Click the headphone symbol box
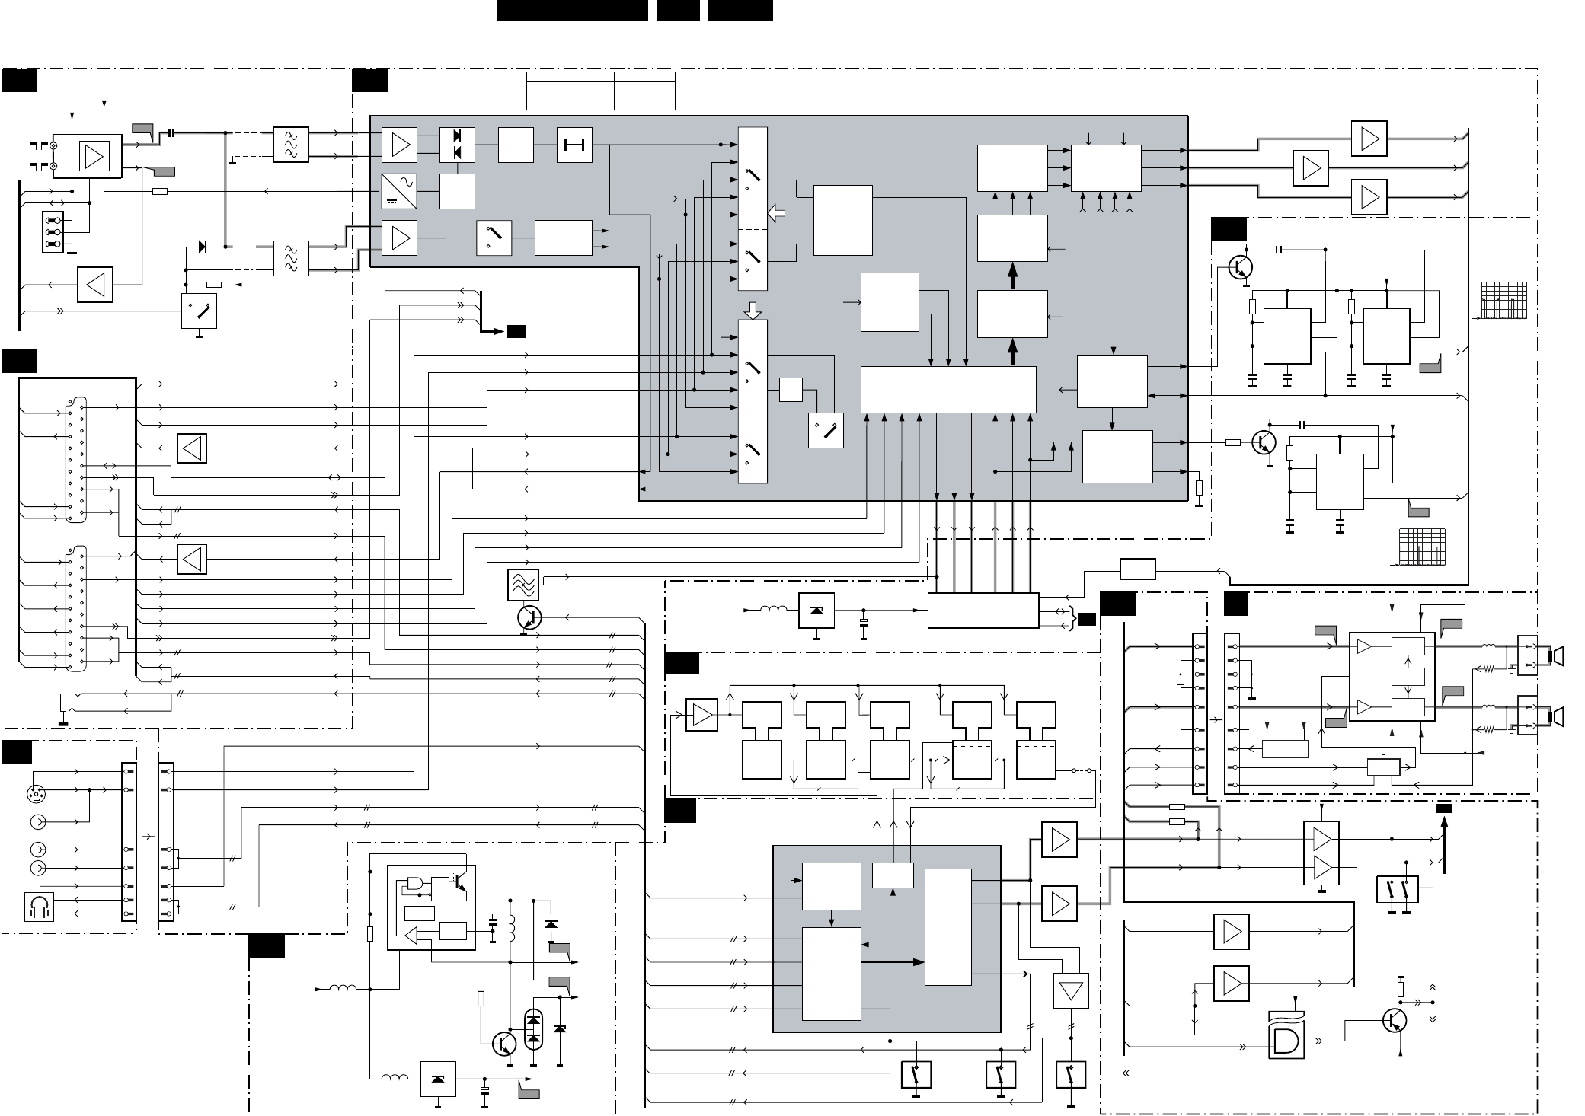pos(38,906)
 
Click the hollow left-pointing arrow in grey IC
pos(776,213)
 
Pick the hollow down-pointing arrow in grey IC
pos(752,311)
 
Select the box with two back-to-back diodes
pos(457,145)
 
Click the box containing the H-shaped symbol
pos(574,145)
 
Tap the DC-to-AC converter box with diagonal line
pos(399,191)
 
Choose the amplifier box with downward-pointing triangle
pos(1070,991)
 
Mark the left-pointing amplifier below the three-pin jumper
pos(95,285)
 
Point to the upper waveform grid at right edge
pos(1504,300)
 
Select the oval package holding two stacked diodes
pos(534,1029)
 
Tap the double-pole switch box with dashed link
pos(1397,890)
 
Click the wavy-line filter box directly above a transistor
pos(522,585)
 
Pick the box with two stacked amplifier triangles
pos(1321,853)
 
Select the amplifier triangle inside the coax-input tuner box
pos(95,157)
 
